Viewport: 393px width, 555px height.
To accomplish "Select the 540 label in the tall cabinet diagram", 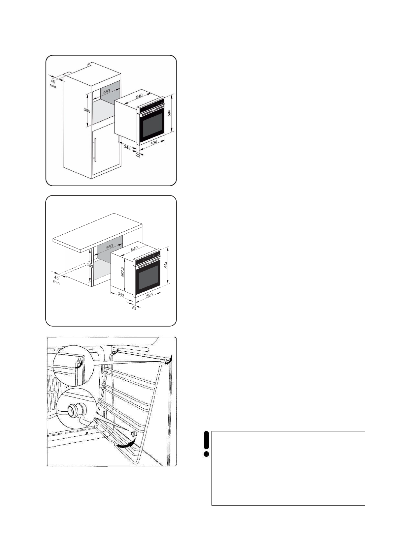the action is click(139, 96).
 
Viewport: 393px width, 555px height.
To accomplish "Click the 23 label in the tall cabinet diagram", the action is click(138, 155).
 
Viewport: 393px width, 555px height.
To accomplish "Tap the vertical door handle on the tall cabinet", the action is click(95, 150).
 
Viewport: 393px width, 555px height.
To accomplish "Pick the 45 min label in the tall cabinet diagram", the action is click(53, 83).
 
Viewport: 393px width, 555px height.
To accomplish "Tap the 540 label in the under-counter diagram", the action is click(134, 248).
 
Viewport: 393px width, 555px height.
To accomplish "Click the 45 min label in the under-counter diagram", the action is click(56, 280).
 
